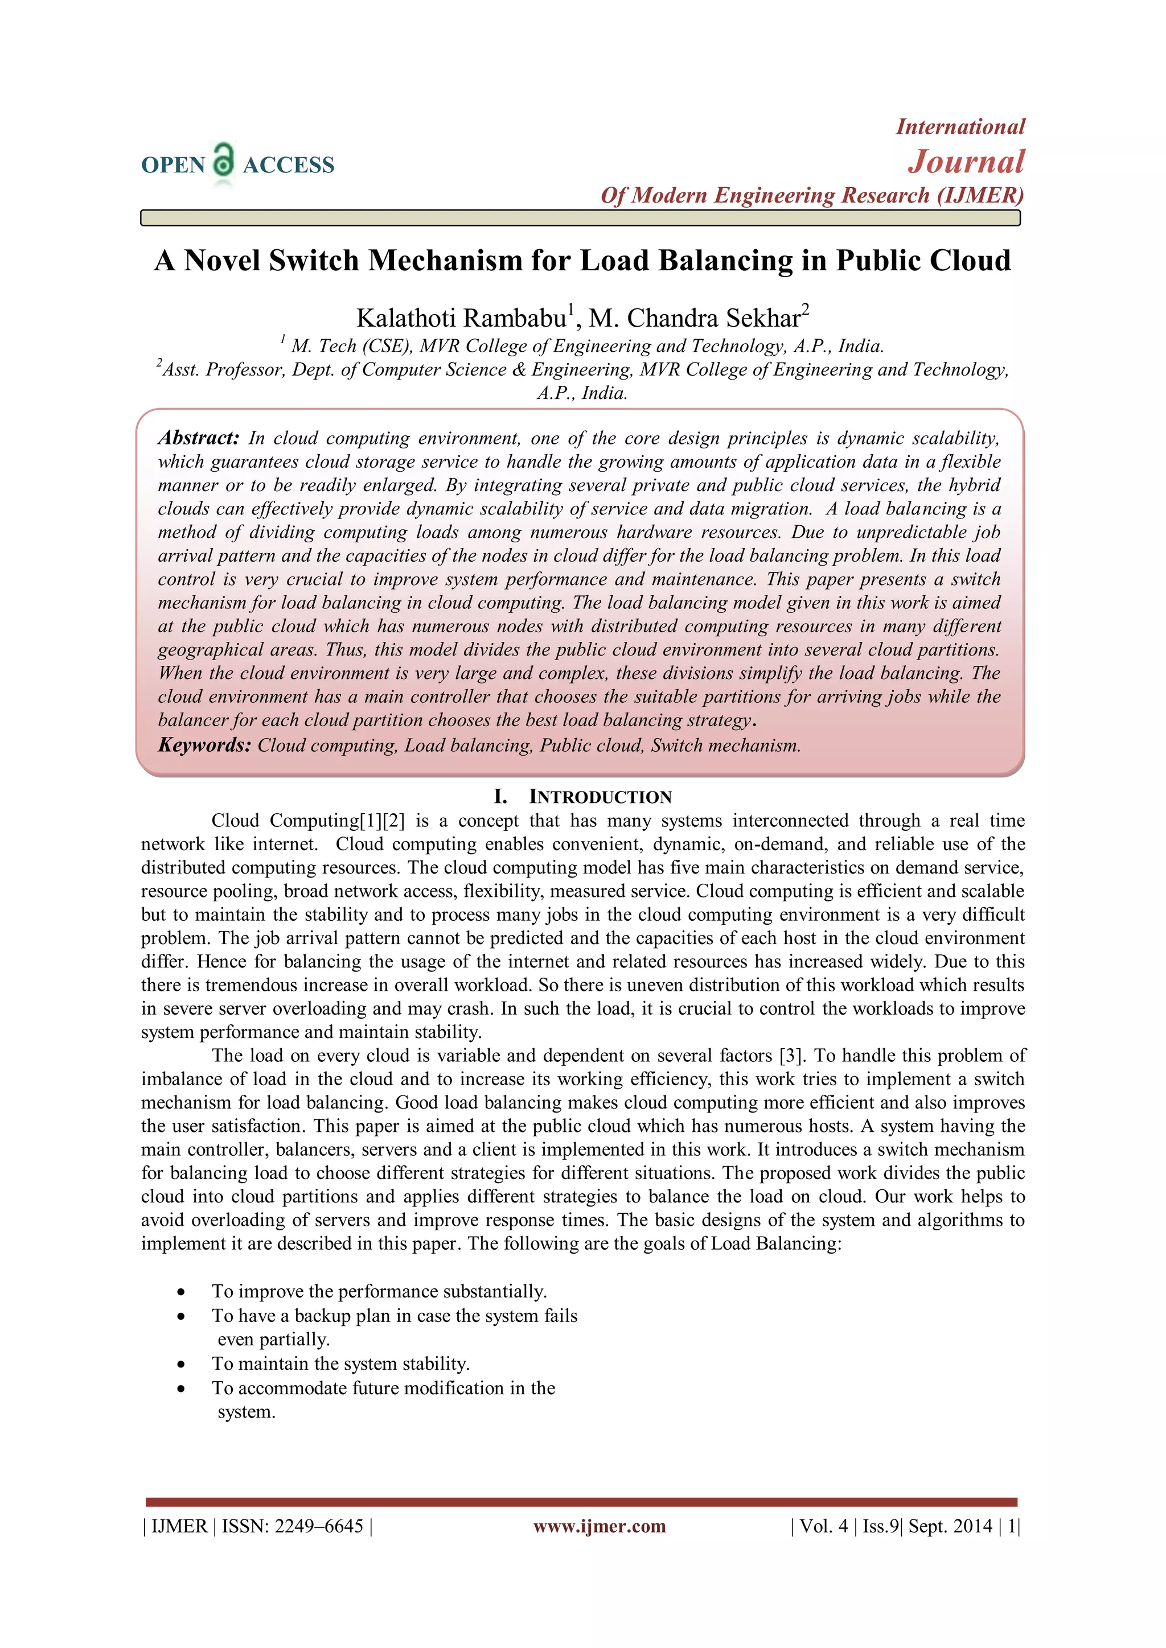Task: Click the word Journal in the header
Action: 966,162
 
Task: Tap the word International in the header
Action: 960,127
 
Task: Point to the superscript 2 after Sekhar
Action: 806,310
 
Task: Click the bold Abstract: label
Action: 199,438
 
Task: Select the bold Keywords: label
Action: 204,745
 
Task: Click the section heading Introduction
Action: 600,797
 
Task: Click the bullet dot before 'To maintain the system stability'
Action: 182,1365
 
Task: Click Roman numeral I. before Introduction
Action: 500,797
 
